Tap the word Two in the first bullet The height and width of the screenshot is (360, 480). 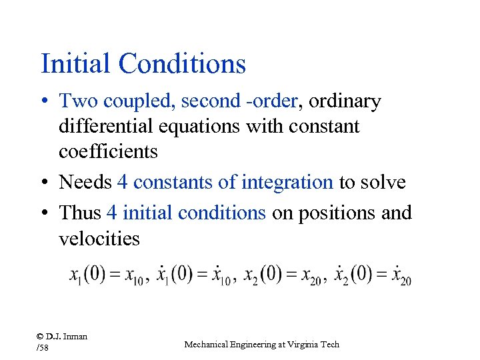pos(75,101)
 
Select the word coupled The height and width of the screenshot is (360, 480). pos(130,101)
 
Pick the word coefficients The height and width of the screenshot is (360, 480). pos(108,151)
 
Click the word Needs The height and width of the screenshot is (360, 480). pos(85,181)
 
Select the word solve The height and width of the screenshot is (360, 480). pos(383,181)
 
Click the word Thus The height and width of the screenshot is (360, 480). pos(79,213)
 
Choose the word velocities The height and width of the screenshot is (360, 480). pos(99,238)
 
